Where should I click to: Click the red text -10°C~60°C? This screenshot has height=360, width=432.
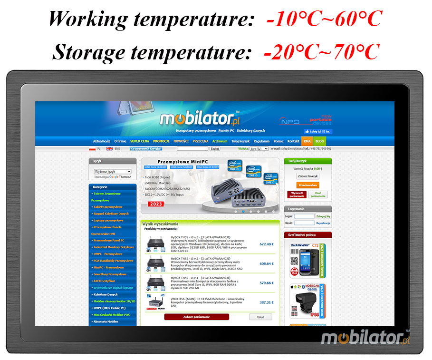(324, 19)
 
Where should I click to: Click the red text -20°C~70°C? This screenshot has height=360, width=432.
(321, 51)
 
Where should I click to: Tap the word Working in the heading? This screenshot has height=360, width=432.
(88, 19)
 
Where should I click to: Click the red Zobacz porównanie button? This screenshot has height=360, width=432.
(196, 317)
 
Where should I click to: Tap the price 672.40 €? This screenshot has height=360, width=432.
(266, 244)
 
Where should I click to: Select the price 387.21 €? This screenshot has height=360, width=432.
(266, 302)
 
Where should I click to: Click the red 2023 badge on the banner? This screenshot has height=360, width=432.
(155, 204)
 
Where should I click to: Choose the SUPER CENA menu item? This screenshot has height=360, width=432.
(139, 141)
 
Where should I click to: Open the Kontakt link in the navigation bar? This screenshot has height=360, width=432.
(293, 141)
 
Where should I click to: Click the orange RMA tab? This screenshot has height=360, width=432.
(307, 141)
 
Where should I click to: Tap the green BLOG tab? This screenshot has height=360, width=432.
(320, 141)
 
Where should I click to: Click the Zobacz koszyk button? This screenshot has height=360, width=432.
(307, 176)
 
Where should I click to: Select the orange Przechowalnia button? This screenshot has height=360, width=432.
(307, 185)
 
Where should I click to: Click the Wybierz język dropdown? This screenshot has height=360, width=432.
(112, 172)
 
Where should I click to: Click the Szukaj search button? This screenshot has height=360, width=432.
(215, 149)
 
